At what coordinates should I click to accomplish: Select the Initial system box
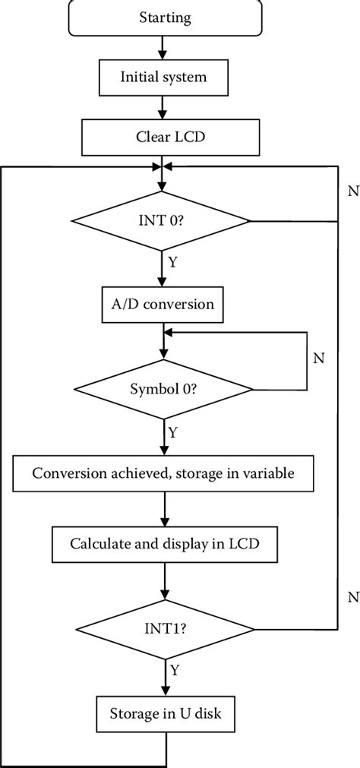(x=163, y=77)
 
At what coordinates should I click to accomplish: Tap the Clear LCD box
(x=163, y=137)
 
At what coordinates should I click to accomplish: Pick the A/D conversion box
(x=163, y=305)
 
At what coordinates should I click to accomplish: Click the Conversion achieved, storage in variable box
(x=163, y=473)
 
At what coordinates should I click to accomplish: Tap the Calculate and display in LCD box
(x=163, y=543)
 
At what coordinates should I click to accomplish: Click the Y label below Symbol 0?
(x=172, y=434)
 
